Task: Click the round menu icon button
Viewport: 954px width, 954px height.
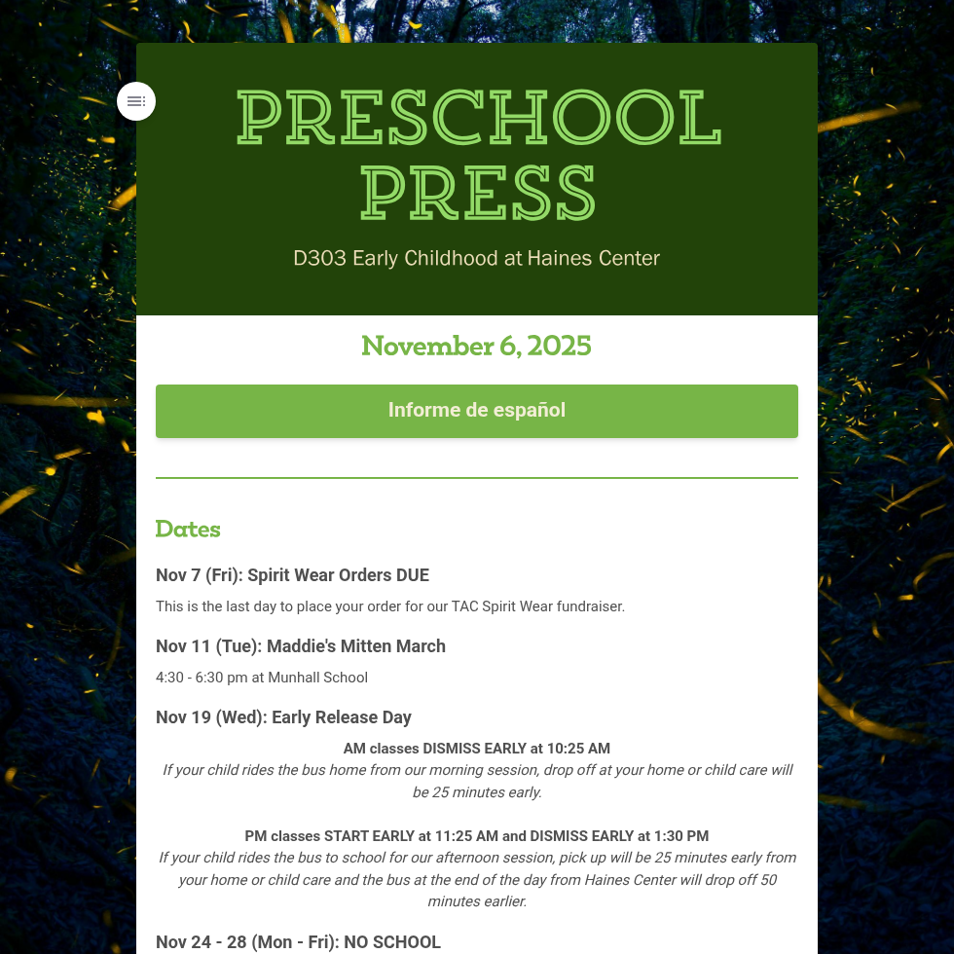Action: [136, 101]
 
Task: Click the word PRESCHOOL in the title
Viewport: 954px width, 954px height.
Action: [478, 118]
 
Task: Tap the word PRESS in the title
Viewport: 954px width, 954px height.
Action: [477, 193]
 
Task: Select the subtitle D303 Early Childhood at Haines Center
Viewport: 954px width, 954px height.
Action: [477, 259]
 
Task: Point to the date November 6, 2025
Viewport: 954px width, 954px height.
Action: [477, 347]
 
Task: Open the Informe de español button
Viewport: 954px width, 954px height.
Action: [477, 411]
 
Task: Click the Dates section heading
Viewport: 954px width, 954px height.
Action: [188, 530]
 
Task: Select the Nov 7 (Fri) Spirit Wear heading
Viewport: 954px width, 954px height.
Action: [292, 575]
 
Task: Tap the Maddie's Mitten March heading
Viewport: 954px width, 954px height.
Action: [355, 646]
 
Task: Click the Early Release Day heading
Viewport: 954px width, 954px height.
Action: [341, 717]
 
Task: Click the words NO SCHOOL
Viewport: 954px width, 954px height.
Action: [392, 942]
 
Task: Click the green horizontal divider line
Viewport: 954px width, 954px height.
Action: [477, 478]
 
